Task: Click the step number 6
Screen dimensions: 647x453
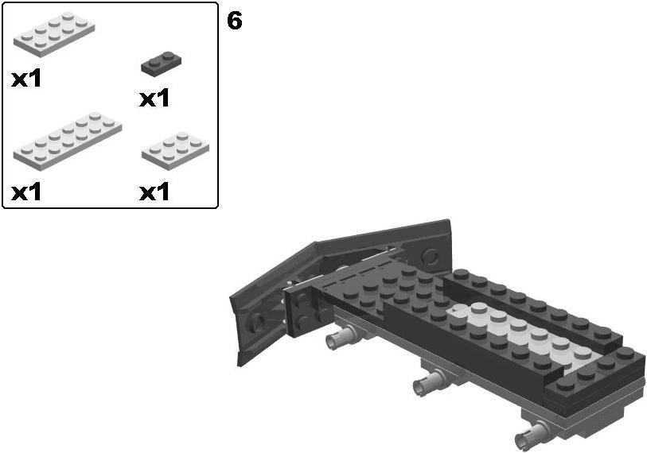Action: pos(235,21)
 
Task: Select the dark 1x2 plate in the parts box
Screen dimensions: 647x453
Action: pos(161,63)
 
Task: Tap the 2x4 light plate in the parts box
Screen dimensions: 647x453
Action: pos(54,34)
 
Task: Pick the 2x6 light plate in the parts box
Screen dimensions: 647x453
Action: pos(68,141)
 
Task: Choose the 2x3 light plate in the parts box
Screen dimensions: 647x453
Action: pos(175,150)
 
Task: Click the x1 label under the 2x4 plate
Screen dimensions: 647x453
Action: pos(26,79)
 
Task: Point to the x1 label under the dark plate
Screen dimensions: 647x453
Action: pos(154,99)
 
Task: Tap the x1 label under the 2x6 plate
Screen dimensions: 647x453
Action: pos(26,192)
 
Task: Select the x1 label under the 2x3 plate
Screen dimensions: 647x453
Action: pos(154,192)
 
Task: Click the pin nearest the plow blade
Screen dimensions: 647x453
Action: pos(340,336)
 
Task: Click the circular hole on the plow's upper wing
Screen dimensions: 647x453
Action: pos(431,257)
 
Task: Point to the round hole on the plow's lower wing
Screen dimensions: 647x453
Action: pos(255,321)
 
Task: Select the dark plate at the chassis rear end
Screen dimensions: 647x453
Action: pos(594,377)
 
